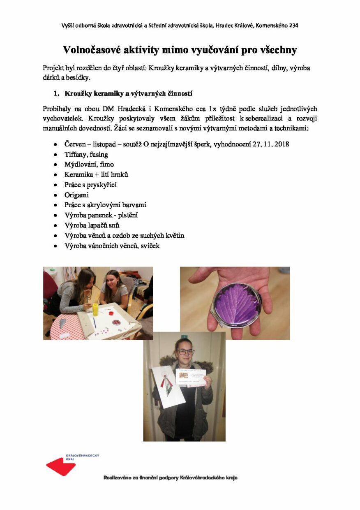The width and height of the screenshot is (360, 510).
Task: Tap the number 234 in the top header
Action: [293, 25]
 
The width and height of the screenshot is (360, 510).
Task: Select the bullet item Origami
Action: [76, 195]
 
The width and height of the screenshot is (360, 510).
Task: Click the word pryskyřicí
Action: [103, 185]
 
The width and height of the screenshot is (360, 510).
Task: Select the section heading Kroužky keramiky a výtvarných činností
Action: [129, 93]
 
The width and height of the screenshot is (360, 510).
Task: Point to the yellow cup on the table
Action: [95, 309]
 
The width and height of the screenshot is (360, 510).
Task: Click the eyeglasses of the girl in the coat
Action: [185, 352]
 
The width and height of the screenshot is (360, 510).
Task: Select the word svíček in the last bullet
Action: [150, 246]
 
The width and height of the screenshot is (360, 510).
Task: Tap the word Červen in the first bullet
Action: [75, 144]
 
